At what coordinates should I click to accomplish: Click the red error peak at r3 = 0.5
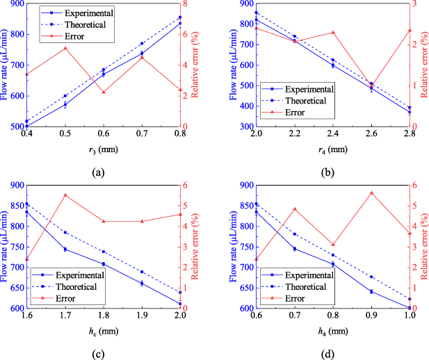pos(65,48)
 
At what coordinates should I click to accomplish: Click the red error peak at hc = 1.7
pos(65,195)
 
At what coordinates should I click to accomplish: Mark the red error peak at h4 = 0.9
pos(371,193)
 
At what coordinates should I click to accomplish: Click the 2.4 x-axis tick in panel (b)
pos(332,133)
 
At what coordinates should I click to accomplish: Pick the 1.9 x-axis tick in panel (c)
pos(142,315)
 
